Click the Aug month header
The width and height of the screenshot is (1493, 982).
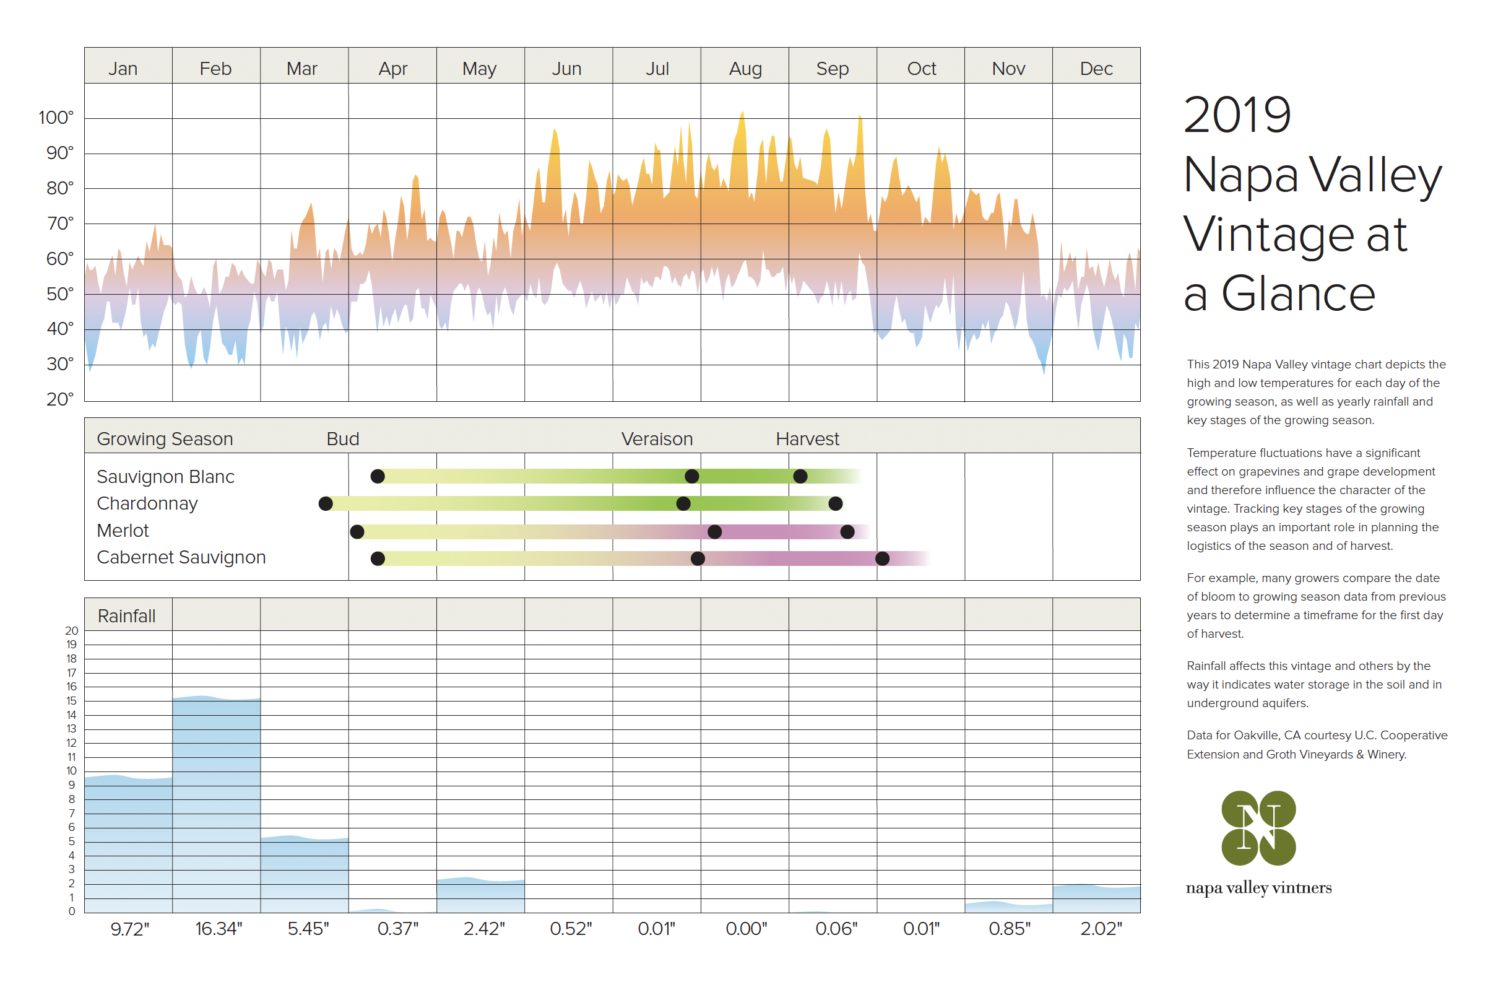[x=745, y=68]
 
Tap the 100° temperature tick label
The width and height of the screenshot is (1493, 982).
[x=56, y=118]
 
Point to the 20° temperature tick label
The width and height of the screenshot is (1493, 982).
[x=59, y=399]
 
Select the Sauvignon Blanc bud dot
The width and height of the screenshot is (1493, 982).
[x=378, y=476]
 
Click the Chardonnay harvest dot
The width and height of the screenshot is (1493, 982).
[x=836, y=503]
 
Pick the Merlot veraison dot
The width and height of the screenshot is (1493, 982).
[x=714, y=532]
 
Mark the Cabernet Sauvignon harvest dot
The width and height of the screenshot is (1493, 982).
[x=882, y=558]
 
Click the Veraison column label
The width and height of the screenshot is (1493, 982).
[x=657, y=438]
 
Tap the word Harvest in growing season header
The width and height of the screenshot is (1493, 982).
[x=807, y=438]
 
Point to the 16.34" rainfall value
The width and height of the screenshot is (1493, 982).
[x=219, y=928]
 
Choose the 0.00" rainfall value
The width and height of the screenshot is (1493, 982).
[x=746, y=928]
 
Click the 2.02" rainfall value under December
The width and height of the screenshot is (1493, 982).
[x=1101, y=928]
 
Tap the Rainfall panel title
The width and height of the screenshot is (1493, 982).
[x=126, y=615]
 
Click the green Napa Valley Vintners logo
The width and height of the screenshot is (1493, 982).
[x=1258, y=828]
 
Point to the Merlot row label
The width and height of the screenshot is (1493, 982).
[x=123, y=531]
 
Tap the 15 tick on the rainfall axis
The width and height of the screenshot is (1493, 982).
[x=72, y=700]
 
